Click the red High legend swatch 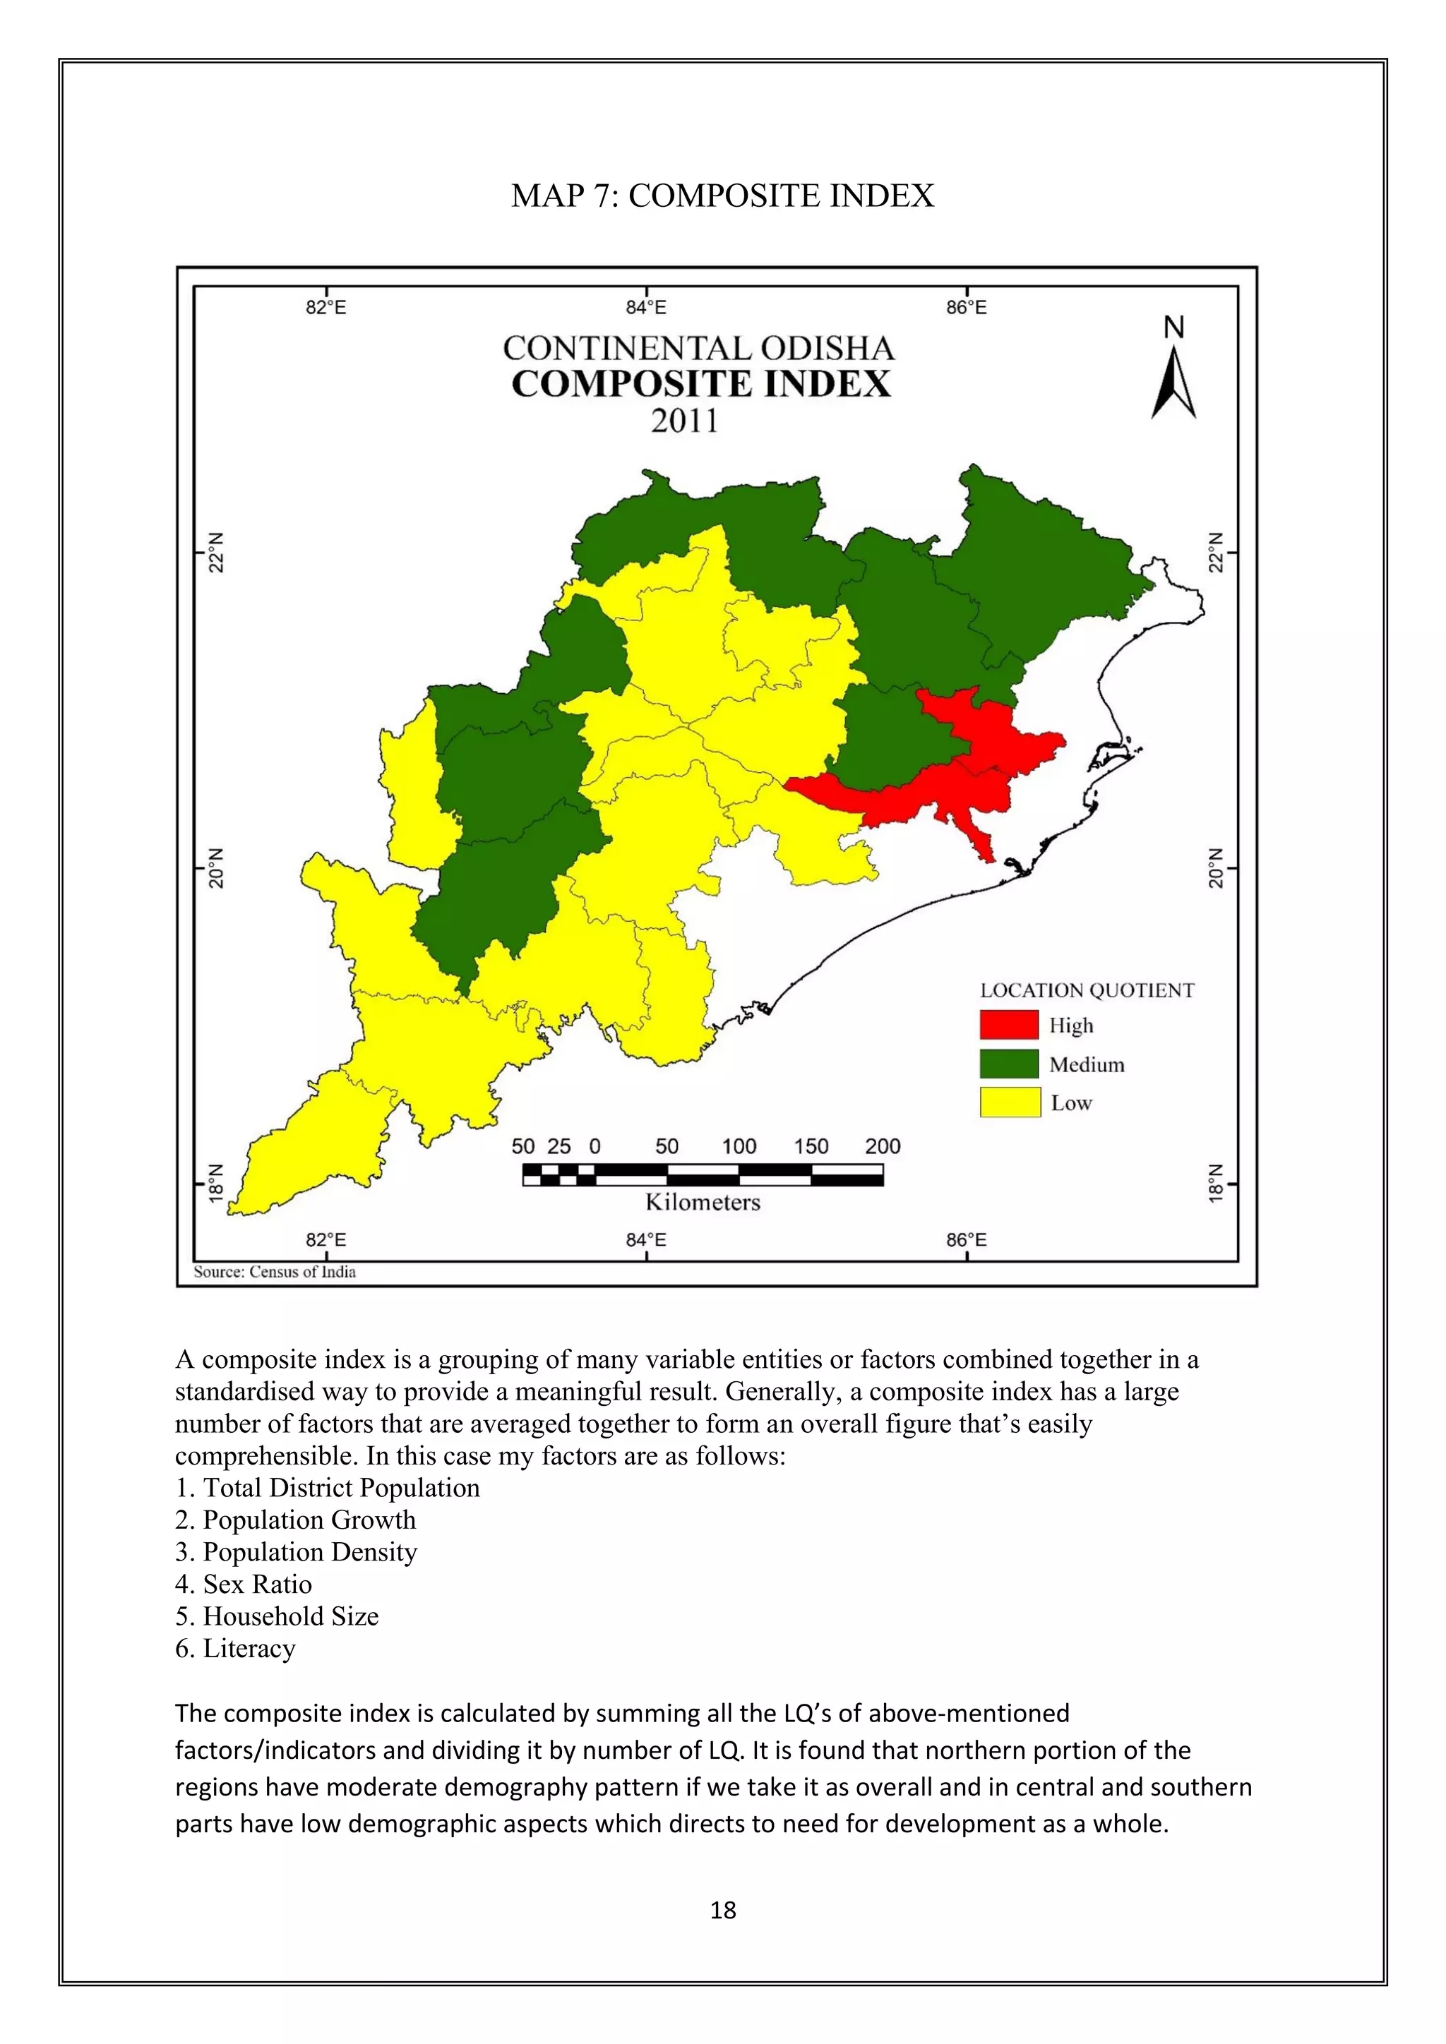pyautogui.click(x=1009, y=1025)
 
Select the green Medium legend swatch pyautogui.click(x=1009, y=1064)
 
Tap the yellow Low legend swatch pyautogui.click(x=1010, y=1102)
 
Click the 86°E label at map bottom pyautogui.click(x=966, y=1240)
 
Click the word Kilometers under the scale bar pyautogui.click(x=703, y=1203)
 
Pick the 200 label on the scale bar pyautogui.click(x=883, y=1147)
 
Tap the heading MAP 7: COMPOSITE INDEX pyautogui.click(x=722, y=196)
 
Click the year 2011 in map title pyautogui.click(x=684, y=420)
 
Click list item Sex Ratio pyautogui.click(x=244, y=1584)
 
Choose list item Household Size pyautogui.click(x=277, y=1616)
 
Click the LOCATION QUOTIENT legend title pyautogui.click(x=1087, y=990)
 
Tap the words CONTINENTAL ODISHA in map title pyautogui.click(x=698, y=348)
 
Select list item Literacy pyautogui.click(x=236, y=1648)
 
